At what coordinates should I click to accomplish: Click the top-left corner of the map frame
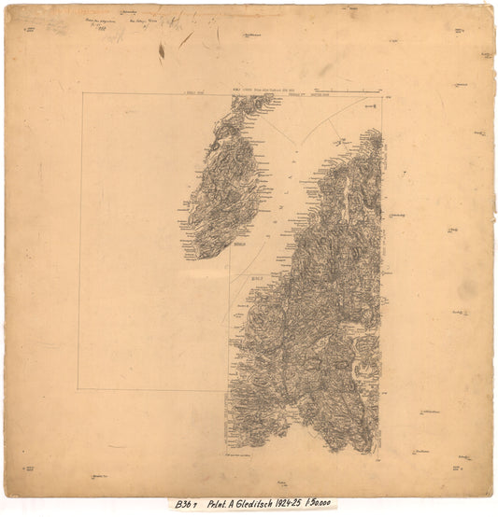pos(79,93)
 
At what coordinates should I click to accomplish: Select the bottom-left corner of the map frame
pos(79,390)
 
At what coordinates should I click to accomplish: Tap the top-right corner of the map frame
pos(382,93)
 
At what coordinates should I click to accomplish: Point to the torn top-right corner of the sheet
pos(488,11)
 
